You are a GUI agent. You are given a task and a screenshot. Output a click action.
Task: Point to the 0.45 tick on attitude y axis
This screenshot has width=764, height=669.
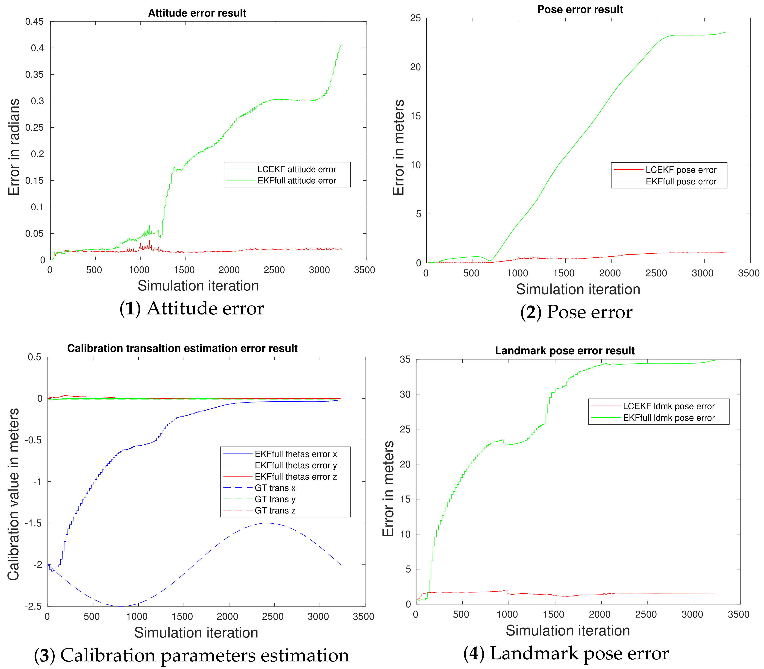pyautogui.click(x=34, y=22)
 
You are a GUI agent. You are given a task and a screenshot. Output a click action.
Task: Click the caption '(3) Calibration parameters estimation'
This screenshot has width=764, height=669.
pyautogui.click(x=191, y=655)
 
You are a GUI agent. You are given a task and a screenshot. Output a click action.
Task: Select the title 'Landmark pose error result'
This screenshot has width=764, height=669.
pyautogui.click(x=565, y=351)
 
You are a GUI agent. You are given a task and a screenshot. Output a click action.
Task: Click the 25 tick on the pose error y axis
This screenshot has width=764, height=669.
pyautogui.click(x=415, y=18)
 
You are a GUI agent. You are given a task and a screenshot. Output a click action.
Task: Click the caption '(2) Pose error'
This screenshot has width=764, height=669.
pyautogui.click(x=576, y=312)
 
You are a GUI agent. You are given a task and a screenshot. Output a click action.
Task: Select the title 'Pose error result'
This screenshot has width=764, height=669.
pyautogui.click(x=580, y=10)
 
